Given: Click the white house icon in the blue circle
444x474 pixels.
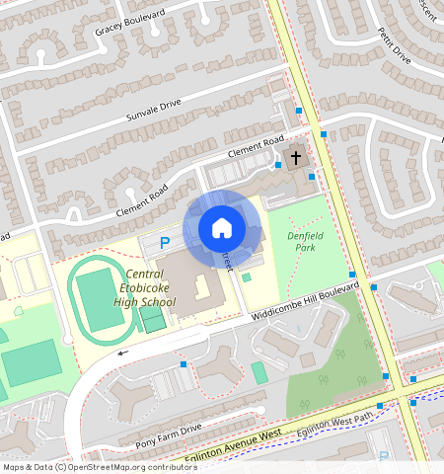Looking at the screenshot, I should coord(222,228).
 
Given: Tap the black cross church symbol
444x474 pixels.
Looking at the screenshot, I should coord(296,157).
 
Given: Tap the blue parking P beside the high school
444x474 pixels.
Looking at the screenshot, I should coord(165,242).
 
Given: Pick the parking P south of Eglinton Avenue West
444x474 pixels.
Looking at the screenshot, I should coord(384,457).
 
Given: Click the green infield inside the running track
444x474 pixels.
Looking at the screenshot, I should coord(100,297).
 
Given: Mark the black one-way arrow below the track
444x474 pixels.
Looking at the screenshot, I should coord(123,351).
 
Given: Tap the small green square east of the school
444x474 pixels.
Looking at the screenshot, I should coord(246,277).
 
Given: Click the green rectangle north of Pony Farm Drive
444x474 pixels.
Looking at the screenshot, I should coord(259,372).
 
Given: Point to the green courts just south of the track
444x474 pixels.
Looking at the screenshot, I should coord(152,318).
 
